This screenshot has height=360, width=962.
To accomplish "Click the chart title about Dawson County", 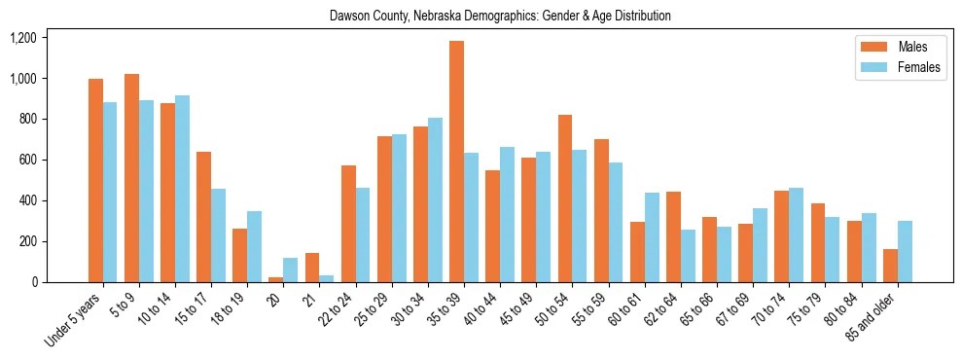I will point(500,17).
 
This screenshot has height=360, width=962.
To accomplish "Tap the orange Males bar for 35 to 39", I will point(456,162).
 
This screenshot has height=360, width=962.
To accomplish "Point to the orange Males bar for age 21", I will point(312,268).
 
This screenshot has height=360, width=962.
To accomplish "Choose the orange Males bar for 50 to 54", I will point(565,198).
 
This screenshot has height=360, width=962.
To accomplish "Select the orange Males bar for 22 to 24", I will point(348,224).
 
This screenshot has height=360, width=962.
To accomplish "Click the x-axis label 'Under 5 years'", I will point(75,320).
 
